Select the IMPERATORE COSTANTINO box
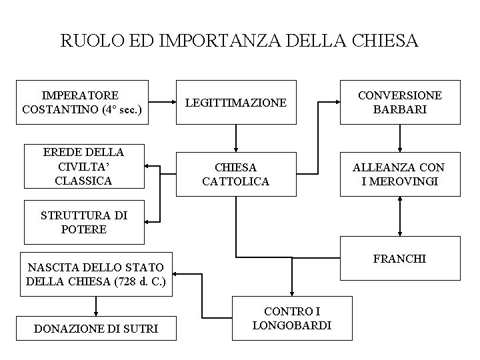84,103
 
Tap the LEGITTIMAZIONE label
235,103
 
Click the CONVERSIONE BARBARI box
400,103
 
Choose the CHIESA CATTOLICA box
235,174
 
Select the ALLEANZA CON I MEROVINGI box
400,174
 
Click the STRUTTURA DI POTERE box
84,222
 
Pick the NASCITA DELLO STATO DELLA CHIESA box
97,274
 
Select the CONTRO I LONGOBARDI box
292,319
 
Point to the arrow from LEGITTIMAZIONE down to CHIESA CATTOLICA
235,138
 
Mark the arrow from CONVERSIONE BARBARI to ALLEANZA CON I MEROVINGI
400,138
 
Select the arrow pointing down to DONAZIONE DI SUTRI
97,305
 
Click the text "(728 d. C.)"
143,281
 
